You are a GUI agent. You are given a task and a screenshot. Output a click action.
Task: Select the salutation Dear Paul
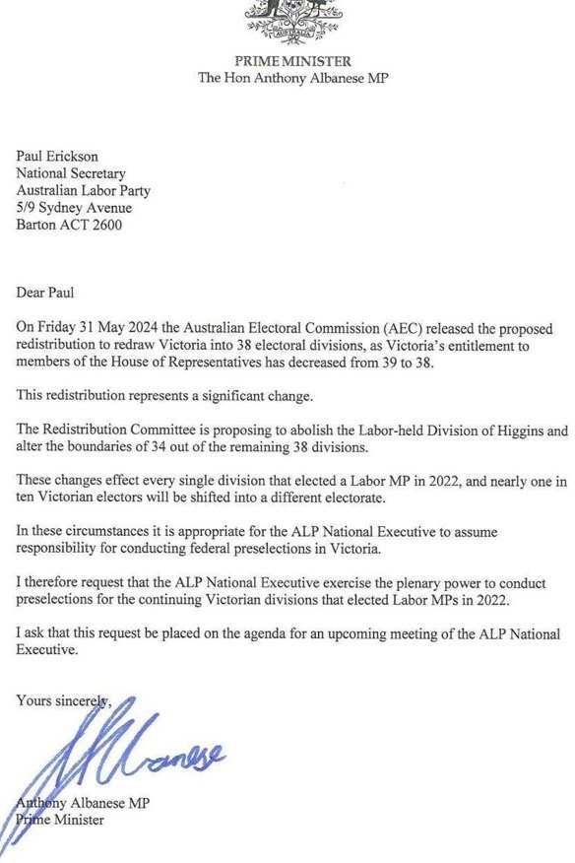(x=51, y=291)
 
